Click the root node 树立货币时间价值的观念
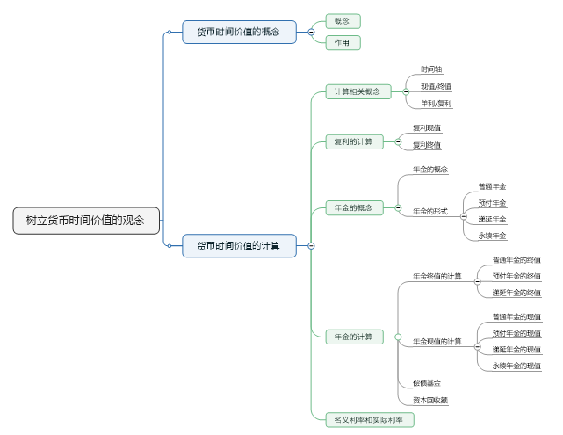(86, 221)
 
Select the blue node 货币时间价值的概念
(239, 33)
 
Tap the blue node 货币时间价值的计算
(239, 246)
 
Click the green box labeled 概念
(343, 21)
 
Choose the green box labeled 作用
(343, 43)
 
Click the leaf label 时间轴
(431, 69)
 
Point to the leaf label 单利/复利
(437, 104)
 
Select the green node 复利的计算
(353, 141)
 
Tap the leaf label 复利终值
(427, 145)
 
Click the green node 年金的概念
(353, 208)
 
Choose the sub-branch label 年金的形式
(430, 212)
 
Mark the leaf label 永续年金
(492, 236)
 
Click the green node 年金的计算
(353, 337)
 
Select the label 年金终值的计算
(437, 277)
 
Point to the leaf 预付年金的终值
(516, 276)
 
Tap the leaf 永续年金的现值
(516, 366)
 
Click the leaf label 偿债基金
(427, 383)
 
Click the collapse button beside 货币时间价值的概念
(311, 33)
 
